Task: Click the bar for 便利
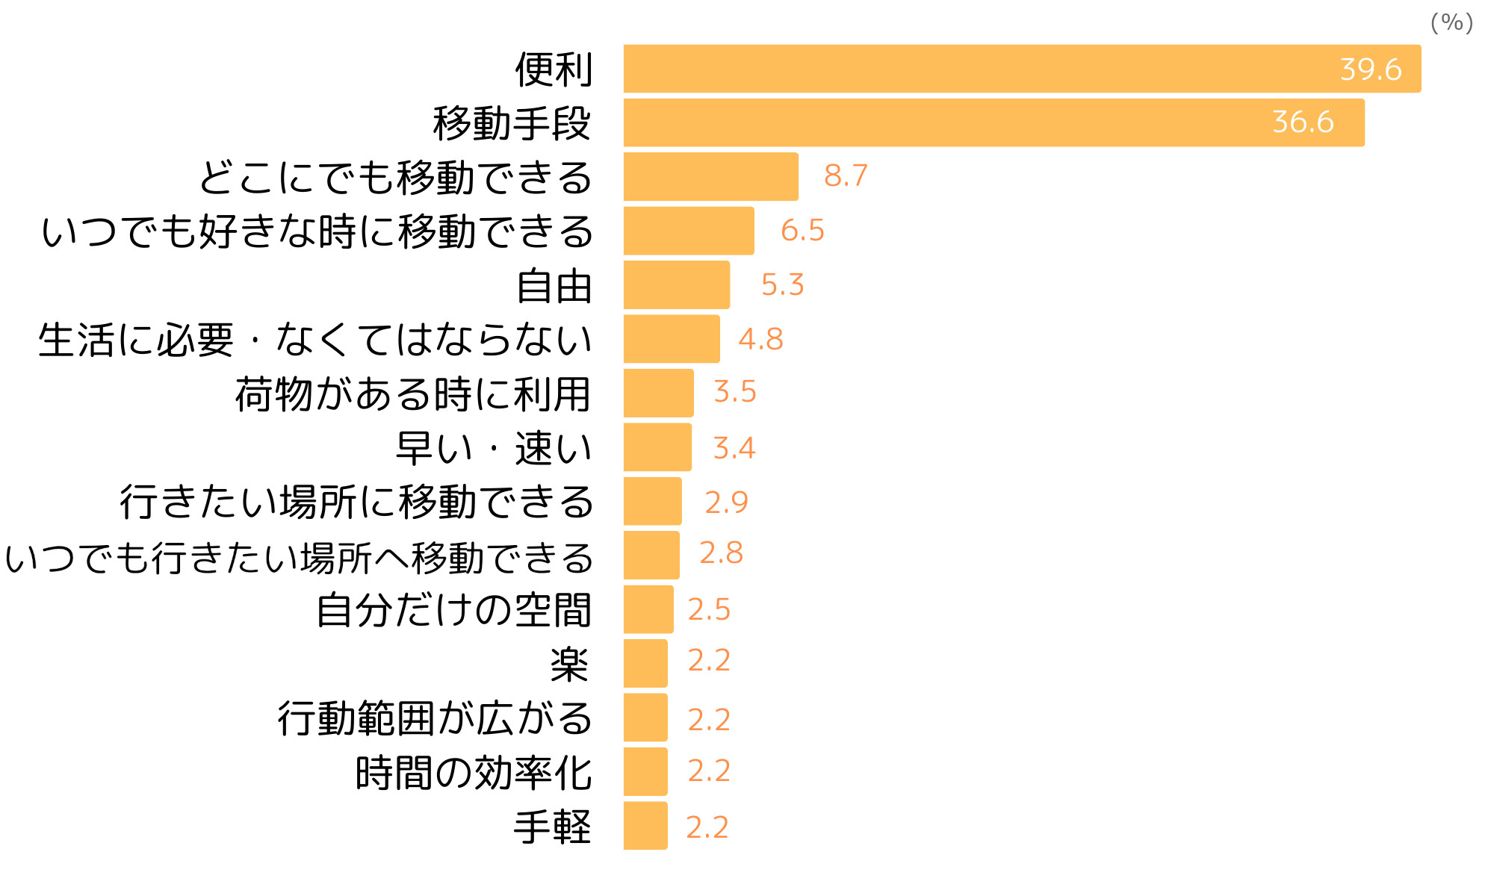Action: (1022, 69)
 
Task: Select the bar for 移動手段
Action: (994, 122)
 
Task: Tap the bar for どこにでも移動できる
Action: (710, 177)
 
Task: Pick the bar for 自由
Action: (676, 284)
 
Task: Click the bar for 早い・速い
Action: (657, 447)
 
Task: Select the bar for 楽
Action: (645, 663)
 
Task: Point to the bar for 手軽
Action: (645, 825)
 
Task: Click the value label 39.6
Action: (1370, 69)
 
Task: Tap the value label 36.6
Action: (1303, 122)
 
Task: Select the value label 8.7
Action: (846, 176)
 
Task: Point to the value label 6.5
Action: (802, 231)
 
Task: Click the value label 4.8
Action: (760, 340)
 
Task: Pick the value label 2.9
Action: (726, 503)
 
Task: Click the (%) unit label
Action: (1451, 22)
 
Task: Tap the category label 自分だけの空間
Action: (453, 610)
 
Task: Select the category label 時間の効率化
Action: (474, 773)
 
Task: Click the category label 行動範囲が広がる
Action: (435, 718)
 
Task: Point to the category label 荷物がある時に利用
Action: (413, 394)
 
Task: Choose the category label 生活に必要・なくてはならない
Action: (315, 340)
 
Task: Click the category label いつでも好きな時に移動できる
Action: (317, 231)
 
